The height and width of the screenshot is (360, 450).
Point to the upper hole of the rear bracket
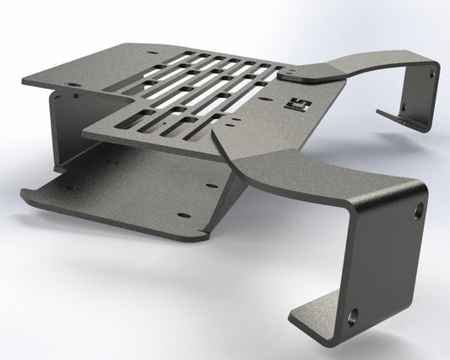(x=432, y=74)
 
